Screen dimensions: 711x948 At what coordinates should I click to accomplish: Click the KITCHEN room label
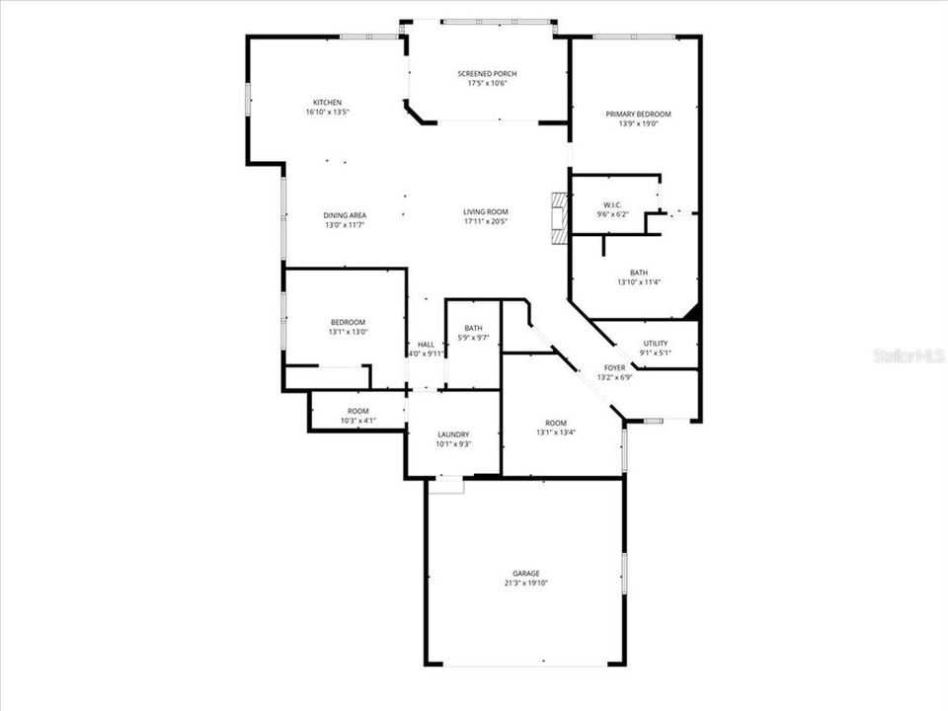pos(327,103)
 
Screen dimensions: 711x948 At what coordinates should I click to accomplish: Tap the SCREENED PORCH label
pos(487,74)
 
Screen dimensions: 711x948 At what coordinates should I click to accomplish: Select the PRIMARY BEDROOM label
pos(638,115)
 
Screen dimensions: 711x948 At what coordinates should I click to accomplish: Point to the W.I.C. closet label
pos(612,204)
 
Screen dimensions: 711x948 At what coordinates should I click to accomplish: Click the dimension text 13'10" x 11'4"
pos(639,282)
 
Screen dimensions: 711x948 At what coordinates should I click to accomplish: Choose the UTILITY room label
pos(656,344)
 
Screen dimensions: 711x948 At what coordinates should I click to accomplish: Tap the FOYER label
pos(614,367)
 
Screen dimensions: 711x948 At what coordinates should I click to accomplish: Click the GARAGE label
pos(525,573)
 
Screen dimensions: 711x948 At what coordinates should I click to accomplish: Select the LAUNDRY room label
pos(453,434)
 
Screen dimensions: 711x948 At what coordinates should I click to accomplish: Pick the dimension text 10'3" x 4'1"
pos(357,421)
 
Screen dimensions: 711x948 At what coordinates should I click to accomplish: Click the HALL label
pos(426,344)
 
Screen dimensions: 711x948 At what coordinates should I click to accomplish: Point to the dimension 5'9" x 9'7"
pos(474,339)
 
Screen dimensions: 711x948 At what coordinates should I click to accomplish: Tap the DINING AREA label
pos(345,215)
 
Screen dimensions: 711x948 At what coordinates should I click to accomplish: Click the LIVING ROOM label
pos(486,211)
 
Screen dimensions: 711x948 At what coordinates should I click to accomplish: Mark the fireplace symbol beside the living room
pos(560,217)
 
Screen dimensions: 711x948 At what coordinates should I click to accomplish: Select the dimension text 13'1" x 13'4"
pos(556,433)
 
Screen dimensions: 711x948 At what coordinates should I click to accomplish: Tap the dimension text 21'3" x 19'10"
pos(525,583)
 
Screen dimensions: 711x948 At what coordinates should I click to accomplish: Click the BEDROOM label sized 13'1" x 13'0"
pos(348,322)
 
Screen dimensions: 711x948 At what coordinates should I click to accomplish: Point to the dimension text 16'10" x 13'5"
pos(327,113)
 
